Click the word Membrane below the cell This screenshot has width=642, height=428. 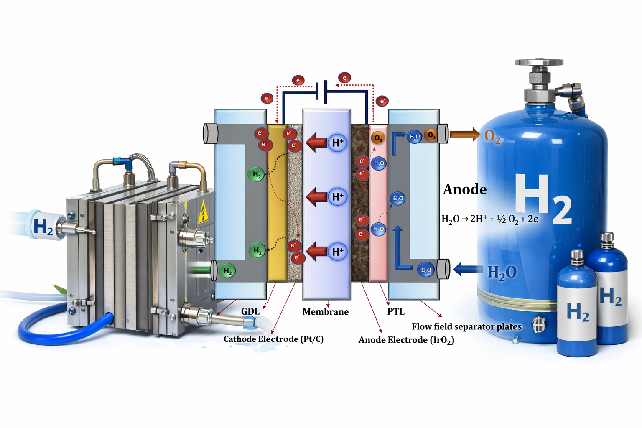point(325,312)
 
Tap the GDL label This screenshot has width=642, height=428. point(250,311)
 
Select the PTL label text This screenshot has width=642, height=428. point(396,312)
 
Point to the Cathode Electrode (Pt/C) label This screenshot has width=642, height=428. point(273,339)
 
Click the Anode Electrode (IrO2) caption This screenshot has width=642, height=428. point(406,340)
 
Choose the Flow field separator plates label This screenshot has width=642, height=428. point(466,326)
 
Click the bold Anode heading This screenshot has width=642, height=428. point(465,189)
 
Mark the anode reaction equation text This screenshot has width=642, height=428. point(491,219)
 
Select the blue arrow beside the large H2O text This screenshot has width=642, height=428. point(467,269)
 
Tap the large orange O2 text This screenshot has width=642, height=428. point(492,136)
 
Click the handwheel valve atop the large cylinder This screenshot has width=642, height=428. point(540,63)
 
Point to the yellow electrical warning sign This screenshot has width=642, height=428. point(203,211)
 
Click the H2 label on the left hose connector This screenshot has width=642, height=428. point(43,227)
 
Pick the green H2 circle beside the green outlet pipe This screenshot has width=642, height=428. point(227,271)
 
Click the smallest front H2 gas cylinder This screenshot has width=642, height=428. point(577,307)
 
